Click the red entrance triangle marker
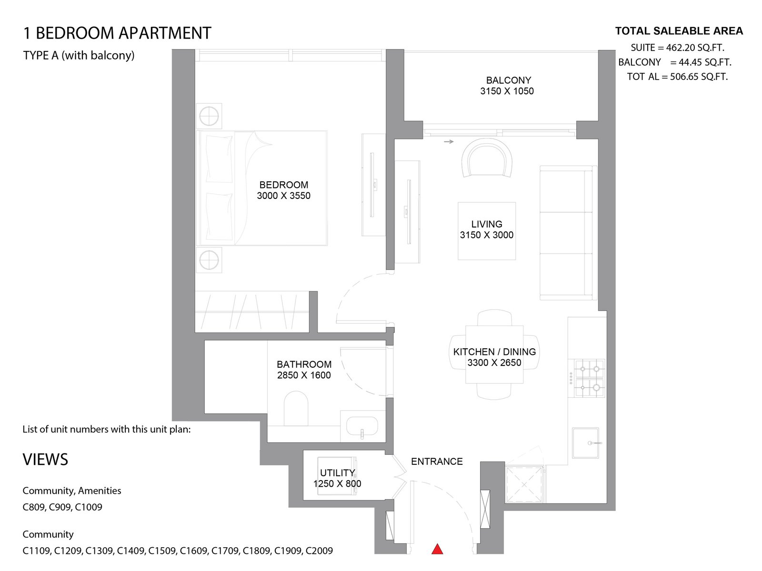[437, 549]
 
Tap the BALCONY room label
[508, 80]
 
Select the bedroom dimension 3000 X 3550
[284, 196]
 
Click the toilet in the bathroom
[296, 408]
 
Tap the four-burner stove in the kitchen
[590, 378]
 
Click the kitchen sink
[586, 443]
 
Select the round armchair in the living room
[487, 158]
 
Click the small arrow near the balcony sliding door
[449, 142]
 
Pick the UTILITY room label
[337, 473]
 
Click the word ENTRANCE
[437, 462]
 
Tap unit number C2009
[319, 551]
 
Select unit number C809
[34, 507]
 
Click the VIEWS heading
[45, 459]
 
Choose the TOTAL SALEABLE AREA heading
[679, 31]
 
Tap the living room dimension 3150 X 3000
[486, 235]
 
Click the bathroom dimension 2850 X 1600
[304, 375]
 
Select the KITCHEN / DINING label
[494, 352]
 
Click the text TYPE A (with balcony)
[79, 56]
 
